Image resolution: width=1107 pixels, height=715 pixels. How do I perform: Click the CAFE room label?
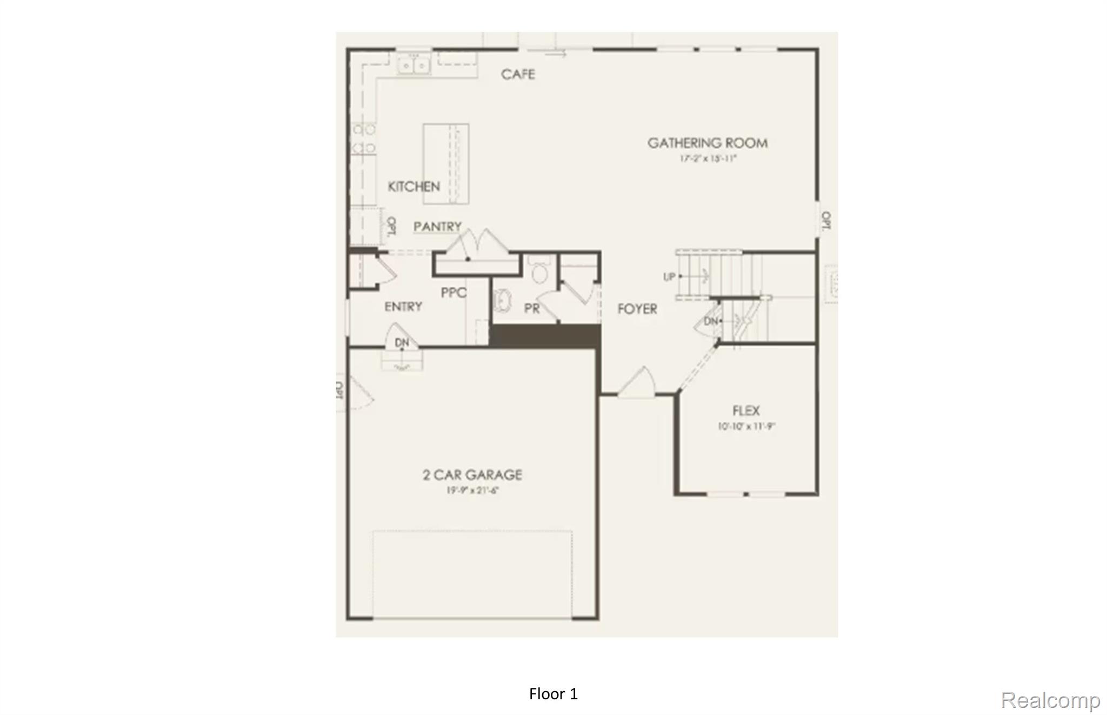(518, 75)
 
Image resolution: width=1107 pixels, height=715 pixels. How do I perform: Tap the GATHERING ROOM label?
(708, 143)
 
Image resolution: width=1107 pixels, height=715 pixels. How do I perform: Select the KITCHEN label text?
(414, 187)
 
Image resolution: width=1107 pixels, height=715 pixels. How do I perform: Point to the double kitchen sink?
(414, 65)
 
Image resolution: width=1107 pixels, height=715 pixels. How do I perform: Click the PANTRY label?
(437, 227)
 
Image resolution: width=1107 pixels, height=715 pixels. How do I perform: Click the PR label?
(532, 308)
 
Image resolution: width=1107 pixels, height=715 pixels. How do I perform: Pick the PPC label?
(454, 293)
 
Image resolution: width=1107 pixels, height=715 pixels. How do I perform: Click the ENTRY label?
(403, 307)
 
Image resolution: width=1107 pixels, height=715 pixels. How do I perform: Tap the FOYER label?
(637, 309)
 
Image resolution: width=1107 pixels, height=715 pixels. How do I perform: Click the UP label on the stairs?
(669, 277)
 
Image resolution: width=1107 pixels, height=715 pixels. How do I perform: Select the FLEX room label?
(746, 411)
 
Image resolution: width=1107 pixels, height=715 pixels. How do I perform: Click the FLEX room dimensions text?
(746, 426)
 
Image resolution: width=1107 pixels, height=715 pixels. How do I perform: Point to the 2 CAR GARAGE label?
(472, 475)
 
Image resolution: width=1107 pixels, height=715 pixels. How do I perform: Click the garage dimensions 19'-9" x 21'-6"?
(472, 491)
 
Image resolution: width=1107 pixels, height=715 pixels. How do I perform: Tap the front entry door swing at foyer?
(638, 383)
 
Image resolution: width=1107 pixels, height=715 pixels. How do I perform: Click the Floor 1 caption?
(553, 694)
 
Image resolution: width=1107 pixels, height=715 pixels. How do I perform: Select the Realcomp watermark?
(1050, 700)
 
